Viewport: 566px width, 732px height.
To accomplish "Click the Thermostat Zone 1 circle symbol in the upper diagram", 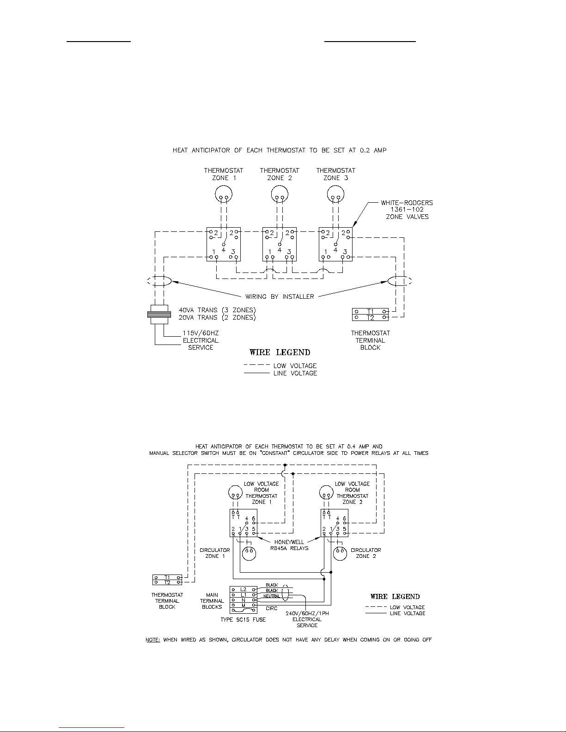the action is tap(224, 194).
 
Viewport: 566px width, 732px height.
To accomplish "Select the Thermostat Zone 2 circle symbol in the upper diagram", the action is tap(280, 194).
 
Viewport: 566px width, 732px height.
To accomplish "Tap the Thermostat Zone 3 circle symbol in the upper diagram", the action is tap(335, 194).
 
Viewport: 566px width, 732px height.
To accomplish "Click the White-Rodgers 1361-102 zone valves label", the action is tap(407, 210).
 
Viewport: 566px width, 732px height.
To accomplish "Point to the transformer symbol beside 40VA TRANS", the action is tap(159, 315).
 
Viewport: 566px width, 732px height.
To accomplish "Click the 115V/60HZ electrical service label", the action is tap(201, 340).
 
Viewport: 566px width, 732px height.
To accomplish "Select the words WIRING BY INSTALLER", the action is tap(280, 296).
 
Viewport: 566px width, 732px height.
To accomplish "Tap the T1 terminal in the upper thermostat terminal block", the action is tap(370, 312).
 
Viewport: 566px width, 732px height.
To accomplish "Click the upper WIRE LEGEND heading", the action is tap(280, 352).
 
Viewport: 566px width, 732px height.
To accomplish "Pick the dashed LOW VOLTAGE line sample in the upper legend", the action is tap(257, 365).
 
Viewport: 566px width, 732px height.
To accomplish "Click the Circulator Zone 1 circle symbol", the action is tap(250, 553).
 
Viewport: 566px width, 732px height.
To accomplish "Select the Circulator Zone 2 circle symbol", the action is tap(340, 553).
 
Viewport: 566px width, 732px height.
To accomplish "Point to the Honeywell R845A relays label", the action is tap(289, 545).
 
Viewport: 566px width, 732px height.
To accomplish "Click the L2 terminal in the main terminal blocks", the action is tap(243, 589).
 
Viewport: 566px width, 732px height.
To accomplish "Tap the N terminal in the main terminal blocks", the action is tap(243, 600).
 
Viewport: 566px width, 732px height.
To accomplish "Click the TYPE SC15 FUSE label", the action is tap(243, 619).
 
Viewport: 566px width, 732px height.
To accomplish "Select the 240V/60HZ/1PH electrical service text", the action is tap(307, 619).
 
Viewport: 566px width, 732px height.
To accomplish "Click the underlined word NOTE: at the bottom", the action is tap(152, 640).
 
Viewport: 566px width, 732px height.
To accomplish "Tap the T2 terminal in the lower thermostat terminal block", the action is tap(167, 582).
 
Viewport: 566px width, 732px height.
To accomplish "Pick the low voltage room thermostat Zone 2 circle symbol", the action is tap(326, 493).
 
